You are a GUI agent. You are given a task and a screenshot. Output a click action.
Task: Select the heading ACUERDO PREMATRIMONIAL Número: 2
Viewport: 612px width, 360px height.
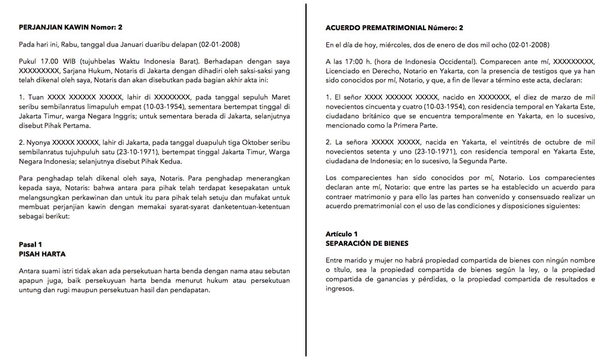click(394, 28)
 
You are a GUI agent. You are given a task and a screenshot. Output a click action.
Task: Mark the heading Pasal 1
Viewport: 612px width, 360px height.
click(31, 245)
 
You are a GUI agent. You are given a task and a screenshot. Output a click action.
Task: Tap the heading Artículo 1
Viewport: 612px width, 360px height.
click(341, 234)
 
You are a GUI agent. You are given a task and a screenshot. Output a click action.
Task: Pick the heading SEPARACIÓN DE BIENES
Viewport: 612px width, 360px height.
click(367, 243)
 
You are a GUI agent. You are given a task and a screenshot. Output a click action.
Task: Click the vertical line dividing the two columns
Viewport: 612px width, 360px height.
click(307, 180)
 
